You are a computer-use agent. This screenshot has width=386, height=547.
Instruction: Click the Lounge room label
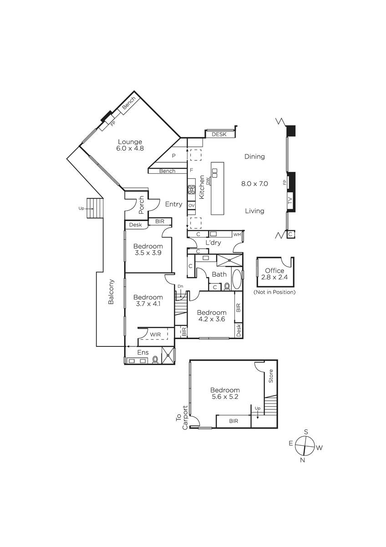tap(130, 142)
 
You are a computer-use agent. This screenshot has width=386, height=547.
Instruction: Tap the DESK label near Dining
tap(219, 134)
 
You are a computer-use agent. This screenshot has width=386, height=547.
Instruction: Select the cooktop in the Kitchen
tap(192, 190)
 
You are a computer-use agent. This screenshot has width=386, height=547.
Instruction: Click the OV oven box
tap(192, 206)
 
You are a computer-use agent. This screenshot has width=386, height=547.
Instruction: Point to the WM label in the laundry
tap(237, 234)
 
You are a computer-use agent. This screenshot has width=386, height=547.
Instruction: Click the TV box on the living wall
tap(290, 201)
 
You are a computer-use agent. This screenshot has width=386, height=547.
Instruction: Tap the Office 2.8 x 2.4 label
tap(274, 274)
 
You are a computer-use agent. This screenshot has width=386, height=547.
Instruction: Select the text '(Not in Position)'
tap(274, 292)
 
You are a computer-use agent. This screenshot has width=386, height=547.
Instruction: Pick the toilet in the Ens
tap(155, 359)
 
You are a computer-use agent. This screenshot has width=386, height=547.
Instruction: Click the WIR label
tap(155, 334)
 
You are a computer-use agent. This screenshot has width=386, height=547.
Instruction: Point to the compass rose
tap(305, 446)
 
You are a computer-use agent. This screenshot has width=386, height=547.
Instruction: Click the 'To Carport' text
tap(182, 418)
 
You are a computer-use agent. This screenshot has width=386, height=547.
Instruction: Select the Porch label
tap(141, 205)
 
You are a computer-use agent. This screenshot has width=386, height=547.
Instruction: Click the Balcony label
tap(111, 292)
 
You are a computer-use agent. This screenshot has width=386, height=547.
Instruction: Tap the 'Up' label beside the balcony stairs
tap(81, 208)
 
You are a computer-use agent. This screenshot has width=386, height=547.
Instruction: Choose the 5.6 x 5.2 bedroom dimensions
tap(225, 397)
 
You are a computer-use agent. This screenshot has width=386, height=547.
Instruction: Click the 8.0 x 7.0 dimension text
tap(254, 184)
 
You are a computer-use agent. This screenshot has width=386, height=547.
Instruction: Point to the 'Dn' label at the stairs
tap(180, 286)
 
